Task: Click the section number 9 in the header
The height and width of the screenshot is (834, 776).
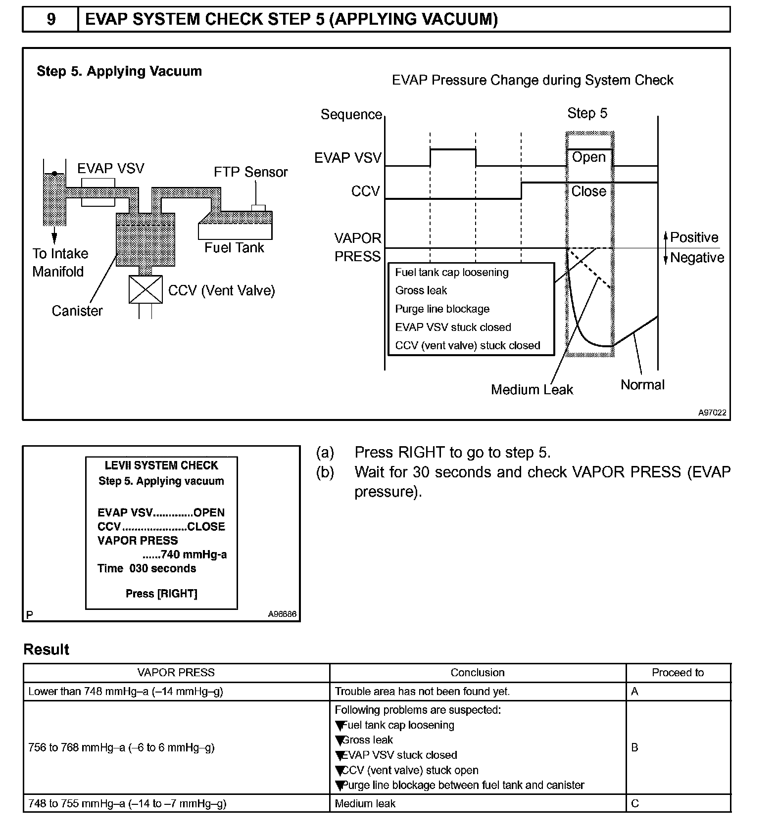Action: point(51,19)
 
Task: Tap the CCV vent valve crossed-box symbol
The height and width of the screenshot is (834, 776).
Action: point(145,289)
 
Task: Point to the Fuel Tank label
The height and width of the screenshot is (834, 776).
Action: point(234,247)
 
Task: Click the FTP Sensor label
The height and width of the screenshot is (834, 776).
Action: point(250,172)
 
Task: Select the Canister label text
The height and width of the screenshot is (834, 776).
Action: point(77,311)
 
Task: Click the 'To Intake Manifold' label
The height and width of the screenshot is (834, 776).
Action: point(60,262)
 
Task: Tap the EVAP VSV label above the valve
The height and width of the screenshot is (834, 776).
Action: point(110,169)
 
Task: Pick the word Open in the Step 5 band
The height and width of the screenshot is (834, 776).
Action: point(588,157)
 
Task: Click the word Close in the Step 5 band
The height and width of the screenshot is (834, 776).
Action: point(588,191)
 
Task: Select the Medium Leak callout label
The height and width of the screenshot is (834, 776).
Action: point(532,390)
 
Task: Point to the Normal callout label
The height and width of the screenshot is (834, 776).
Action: point(642,385)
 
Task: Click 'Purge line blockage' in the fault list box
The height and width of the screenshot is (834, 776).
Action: point(442,309)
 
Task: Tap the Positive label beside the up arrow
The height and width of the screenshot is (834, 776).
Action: point(694,237)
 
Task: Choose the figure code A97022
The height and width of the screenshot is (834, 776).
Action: point(712,413)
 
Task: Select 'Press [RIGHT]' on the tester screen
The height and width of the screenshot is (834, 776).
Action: point(161,594)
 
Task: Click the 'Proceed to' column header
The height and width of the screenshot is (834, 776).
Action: point(678,673)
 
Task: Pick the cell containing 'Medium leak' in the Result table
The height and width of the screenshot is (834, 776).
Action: point(365,803)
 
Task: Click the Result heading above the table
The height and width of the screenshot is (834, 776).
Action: point(47,649)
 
